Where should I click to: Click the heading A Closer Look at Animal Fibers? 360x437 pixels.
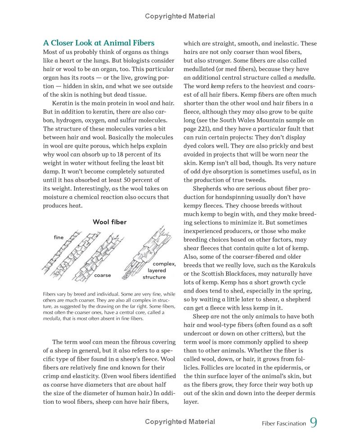[x=99, y=43]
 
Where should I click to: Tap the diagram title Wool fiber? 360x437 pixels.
[x=109, y=222]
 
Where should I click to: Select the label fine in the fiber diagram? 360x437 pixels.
[x=58, y=237]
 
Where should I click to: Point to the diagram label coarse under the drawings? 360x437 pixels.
[x=103, y=275]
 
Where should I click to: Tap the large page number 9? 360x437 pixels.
[x=314, y=423]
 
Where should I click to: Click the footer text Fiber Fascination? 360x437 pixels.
[x=283, y=423]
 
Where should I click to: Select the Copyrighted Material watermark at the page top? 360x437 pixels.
[x=180, y=16]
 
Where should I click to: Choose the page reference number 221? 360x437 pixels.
[x=203, y=129]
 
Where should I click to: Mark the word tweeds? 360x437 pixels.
[x=256, y=180]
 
